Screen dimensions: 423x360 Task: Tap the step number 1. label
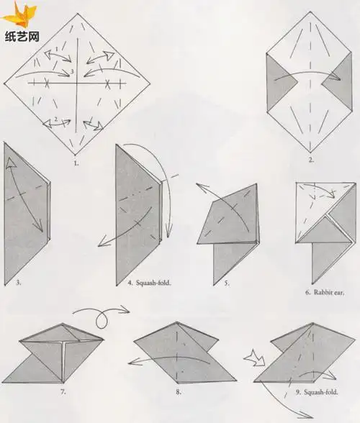76,163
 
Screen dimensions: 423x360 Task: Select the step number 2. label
310,160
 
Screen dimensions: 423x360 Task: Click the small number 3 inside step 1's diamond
71,73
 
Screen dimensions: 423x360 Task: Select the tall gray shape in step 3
22,216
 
